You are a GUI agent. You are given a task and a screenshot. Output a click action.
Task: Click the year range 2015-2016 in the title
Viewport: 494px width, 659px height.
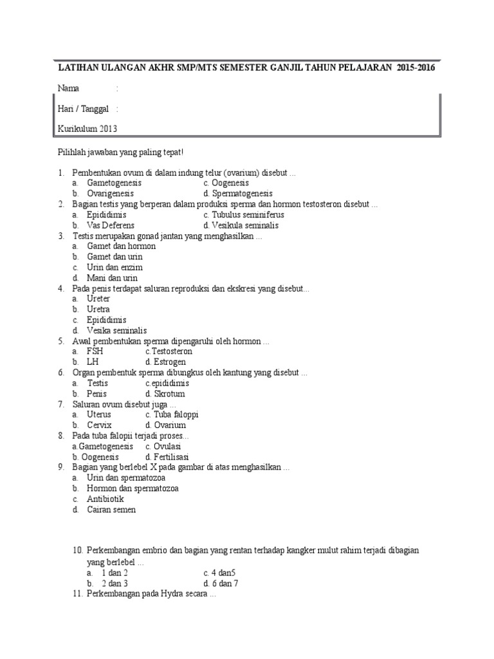pos(416,68)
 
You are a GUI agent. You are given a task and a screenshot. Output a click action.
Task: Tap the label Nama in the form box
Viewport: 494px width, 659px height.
pos(68,88)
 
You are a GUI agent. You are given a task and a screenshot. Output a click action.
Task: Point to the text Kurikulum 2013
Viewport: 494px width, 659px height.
pos(87,129)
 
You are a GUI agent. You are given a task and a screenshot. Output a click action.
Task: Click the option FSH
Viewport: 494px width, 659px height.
pos(95,351)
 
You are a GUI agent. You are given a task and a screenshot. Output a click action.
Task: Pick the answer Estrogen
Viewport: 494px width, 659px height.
pos(170,362)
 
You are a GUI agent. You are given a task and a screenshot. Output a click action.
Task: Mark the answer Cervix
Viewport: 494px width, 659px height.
pos(99,425)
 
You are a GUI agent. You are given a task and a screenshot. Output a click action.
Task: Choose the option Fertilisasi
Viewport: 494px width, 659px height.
pos(170,456)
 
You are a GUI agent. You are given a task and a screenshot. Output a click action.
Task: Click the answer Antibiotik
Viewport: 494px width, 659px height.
pos(105,499)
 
